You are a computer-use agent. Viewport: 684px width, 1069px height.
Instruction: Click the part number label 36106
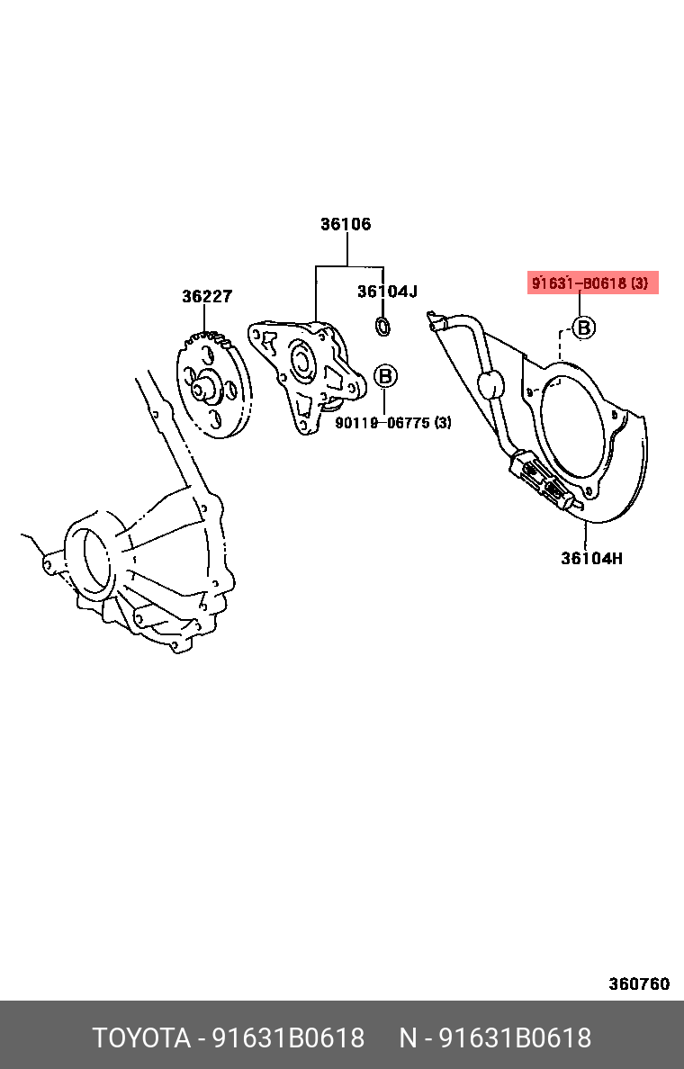[x=346, y=224]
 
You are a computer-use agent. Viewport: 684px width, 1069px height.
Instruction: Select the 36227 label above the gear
[x=207, y=296]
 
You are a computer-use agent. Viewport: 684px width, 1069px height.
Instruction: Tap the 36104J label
[x=387, y=291]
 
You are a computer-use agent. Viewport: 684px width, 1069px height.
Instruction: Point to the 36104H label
[x=591, y=558]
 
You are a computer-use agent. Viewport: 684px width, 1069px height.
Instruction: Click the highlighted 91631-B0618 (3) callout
[x=592, y=283]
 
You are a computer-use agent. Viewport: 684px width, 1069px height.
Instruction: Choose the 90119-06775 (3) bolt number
[x=393, y=422]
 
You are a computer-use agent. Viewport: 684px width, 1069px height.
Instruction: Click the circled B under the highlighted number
[x=584, y=328]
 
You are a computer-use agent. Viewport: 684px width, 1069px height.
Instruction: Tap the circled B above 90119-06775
[x=385, y=376]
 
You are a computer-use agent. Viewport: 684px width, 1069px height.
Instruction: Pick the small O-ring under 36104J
[x=382, y=326]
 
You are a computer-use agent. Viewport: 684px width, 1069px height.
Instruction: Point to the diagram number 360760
[x=639, y=984]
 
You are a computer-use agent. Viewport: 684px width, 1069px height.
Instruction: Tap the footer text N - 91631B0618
[x=495, y=1038]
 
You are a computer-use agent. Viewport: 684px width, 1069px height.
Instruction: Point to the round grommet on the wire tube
[x=490, y=385]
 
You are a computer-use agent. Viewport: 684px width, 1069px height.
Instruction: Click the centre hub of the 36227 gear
[x=208, y=388]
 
